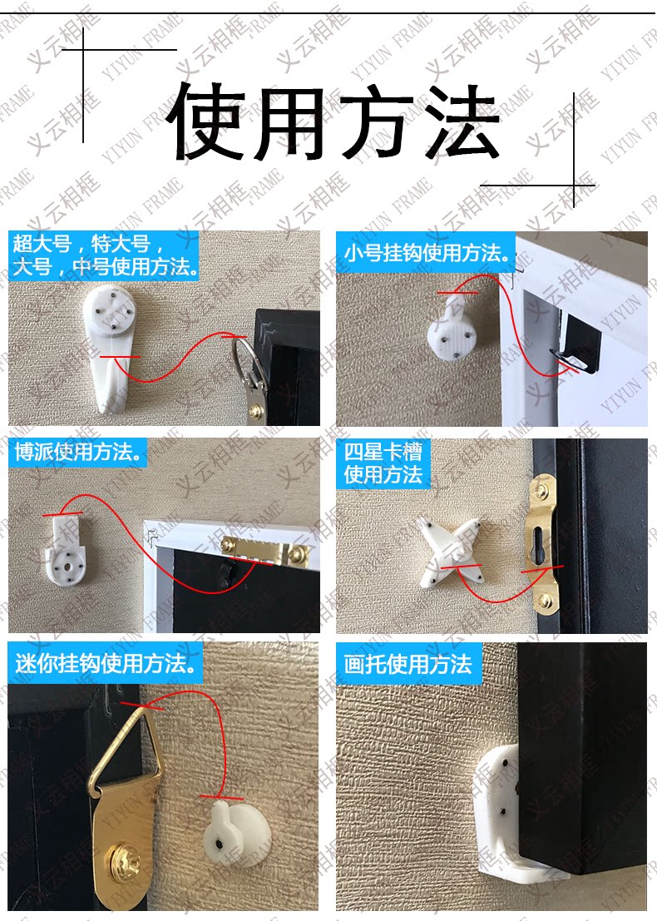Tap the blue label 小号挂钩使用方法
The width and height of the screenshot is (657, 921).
point(427,253)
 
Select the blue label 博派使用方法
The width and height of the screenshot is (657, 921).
point(78,452)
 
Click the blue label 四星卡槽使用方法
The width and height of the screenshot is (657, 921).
point(383,463)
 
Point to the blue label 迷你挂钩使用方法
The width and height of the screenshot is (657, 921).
point(106,663)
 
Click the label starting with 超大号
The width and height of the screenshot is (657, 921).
point(105,255)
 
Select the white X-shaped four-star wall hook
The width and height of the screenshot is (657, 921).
point(450,551)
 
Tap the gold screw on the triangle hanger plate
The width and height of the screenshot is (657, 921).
point(124,862)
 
